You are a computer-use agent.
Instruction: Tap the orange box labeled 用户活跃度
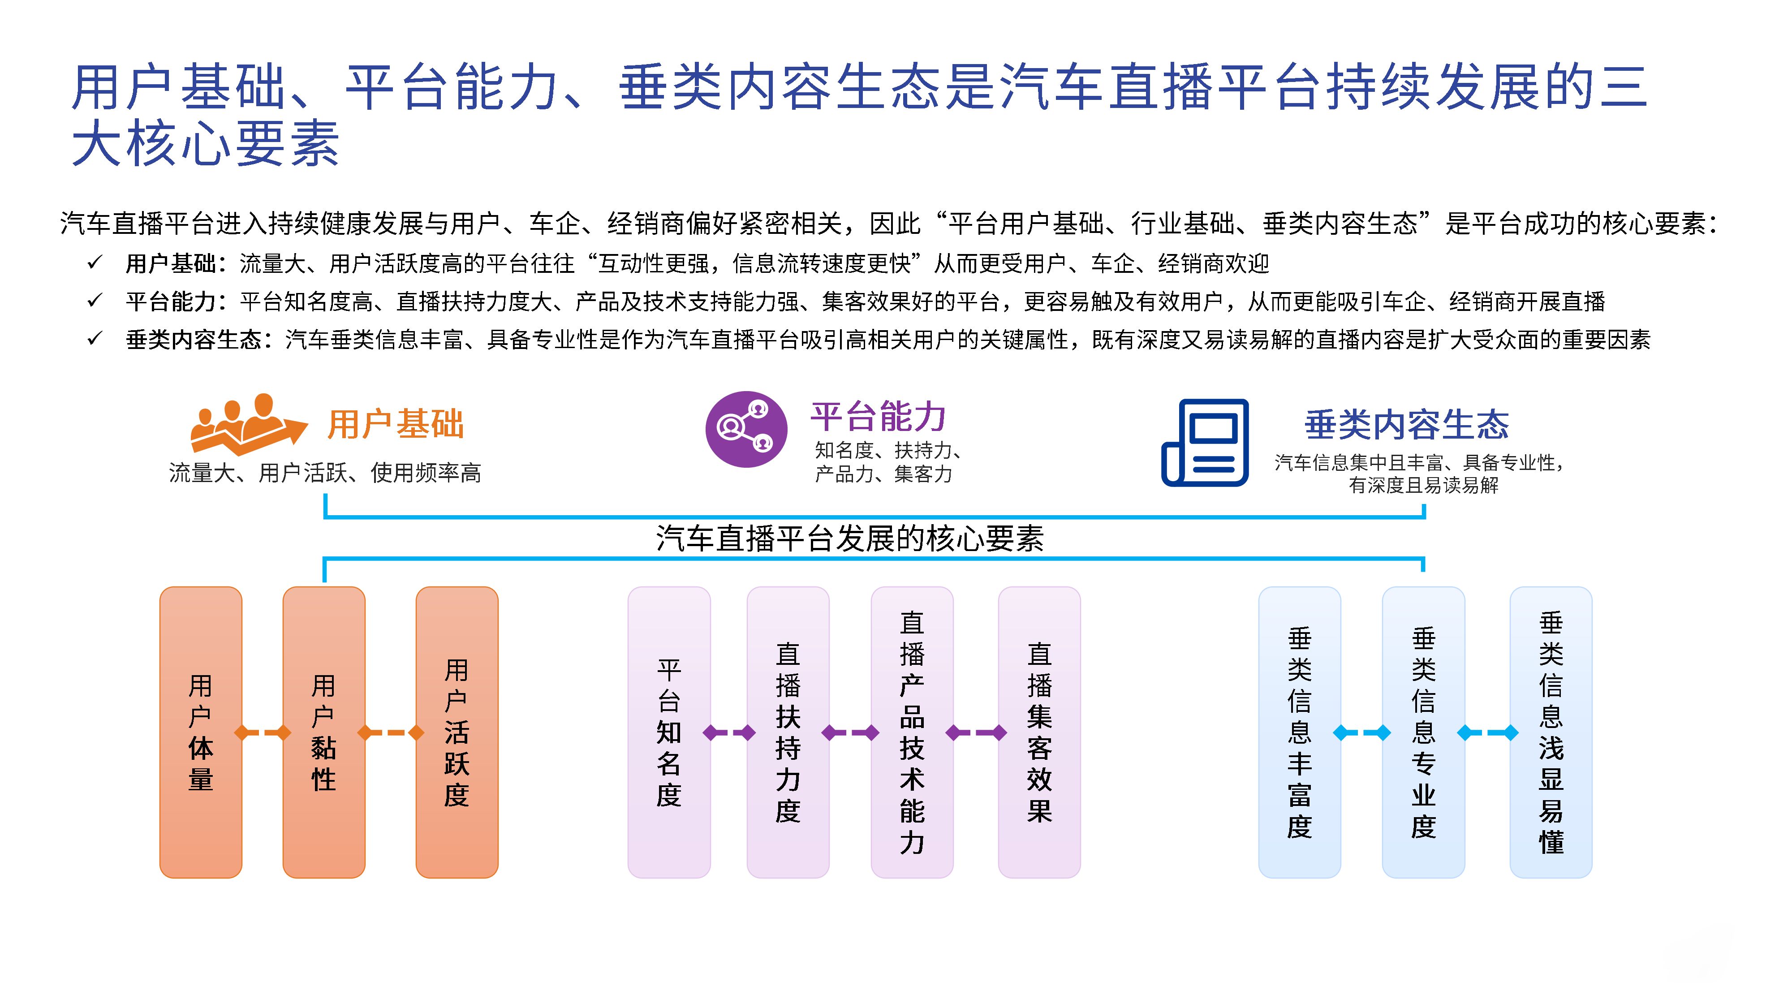coord(457,732)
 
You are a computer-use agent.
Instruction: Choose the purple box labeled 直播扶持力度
coord(788,732)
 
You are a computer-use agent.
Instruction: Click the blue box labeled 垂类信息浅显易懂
coord(1550,732)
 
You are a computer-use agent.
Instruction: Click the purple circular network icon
coord(746,429)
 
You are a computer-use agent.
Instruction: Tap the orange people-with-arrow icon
coord(248,424)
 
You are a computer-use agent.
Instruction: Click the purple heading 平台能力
coord(878,416)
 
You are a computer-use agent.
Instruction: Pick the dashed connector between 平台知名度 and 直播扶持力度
coord(728,732)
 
